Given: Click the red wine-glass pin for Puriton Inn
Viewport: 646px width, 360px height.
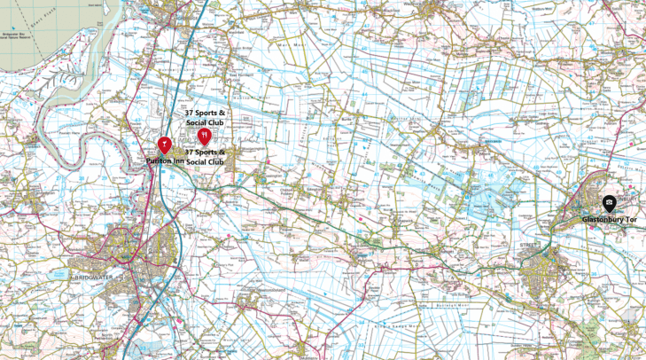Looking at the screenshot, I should (x=164, y=145).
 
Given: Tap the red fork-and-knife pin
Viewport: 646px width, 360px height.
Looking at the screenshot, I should (x=205, y=136).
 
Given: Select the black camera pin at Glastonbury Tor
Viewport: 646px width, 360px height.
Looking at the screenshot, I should (x=610, y=203).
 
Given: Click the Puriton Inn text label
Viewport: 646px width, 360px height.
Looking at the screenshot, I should (x=166, y=161).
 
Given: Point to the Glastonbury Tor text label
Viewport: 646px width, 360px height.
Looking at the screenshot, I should (x=610, y=218).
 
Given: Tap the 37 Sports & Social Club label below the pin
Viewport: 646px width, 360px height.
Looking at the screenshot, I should (x=205, y=157).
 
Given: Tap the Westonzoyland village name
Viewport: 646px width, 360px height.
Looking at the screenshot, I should (x=268, y=290).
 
